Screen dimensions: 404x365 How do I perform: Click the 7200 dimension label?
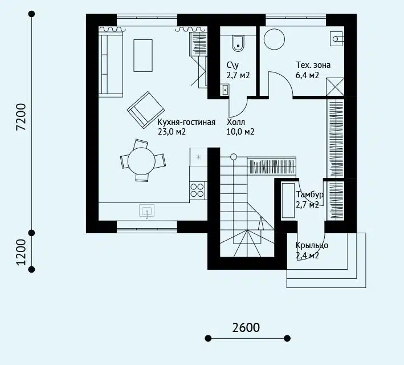coord(21,117)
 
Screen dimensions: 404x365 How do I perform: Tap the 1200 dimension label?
coord(21,252)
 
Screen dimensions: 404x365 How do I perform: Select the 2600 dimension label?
coord(246,327)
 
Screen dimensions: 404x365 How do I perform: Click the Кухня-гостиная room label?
coord(186,121)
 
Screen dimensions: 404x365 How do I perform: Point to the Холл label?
coord(236,121)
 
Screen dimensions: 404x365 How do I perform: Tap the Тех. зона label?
coord(313,65)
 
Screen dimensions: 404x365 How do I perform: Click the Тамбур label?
coord(309,194)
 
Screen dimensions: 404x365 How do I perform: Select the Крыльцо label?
coord(312,245)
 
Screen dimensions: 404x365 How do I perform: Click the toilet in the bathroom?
coord(238,43)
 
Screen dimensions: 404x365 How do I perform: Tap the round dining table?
coord(141,161)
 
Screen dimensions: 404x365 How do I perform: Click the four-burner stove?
coord(198,190)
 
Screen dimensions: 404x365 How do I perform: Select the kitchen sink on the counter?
coord(146,211)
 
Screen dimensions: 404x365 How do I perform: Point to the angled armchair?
coord(146,109)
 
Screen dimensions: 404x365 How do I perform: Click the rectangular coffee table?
coord(143,55)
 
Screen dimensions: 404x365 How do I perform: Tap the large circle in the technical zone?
coord(275,39)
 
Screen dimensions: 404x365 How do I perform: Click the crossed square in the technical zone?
coord(335,87)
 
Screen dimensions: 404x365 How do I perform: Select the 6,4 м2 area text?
coord(307,75)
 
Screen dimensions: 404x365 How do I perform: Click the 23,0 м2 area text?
coord(172,132)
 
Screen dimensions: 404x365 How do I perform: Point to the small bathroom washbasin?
coord(225,90)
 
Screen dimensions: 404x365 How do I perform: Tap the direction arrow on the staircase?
coord(261,223)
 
